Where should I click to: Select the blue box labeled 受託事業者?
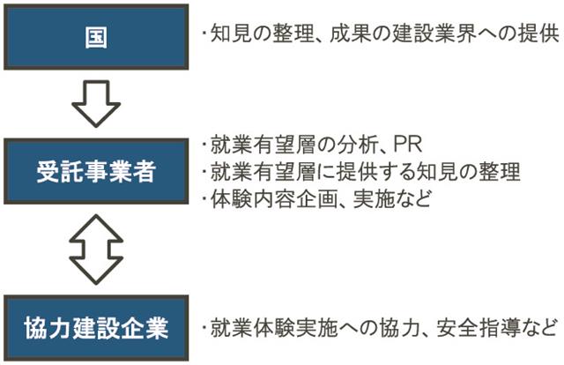click(x=98, y=171)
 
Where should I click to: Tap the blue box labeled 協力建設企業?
click(x=98, y=329)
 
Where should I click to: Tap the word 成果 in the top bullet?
click(x=350, y=35)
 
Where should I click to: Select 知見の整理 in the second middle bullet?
click(x=473, y=170)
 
